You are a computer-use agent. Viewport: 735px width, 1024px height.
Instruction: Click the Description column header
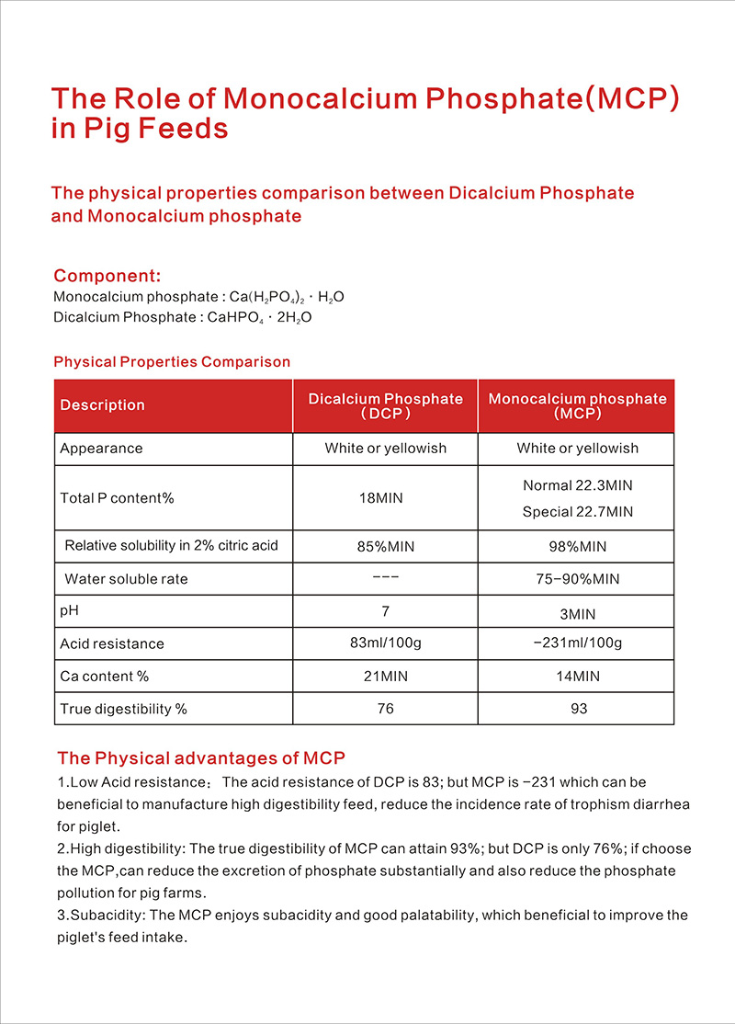pyautogui.click(x=102, y=405)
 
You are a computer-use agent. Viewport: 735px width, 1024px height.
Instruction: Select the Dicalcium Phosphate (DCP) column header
pyautogui.click(x=385, y=406)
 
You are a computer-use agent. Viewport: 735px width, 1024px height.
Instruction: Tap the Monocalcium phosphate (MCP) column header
pyautogui.click(x=577, y=406)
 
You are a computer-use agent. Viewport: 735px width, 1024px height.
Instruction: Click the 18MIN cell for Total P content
pyautogui.click(x=385, y=498)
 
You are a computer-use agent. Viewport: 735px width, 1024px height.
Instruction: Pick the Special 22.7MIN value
pyautogui.click(x=577, y=512)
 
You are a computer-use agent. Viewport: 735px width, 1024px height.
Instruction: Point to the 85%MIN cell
pyautogui.click(x=385, y=547)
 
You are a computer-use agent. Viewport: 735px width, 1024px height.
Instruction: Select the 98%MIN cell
pyautogui.click(x=577, y=547)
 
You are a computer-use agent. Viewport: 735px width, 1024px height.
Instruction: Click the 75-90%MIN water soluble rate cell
pyautogui.click(x=577, y=579)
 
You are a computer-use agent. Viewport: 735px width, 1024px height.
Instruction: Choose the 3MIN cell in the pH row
pyautogui.click(x=577, y=612)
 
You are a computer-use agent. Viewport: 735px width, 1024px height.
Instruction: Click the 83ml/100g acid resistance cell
pyautogui.click(x=385, y=643)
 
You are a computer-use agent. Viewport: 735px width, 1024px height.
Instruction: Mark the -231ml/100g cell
pyautogui.click(x=577, y=643)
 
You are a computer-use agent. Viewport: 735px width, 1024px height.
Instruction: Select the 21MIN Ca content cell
pyautogui.click(x=385, y=677)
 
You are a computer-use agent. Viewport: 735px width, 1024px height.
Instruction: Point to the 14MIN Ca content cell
pyautogui.click(x=577, y=677)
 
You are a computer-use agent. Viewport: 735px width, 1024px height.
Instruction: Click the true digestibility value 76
pyautogui.click(x=385, y=709)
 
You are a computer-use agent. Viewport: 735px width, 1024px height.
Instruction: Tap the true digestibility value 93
pyautogui.click(x=577, y=709)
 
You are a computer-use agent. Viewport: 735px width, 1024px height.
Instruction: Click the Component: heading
pyautogui.click(x=107, y=276)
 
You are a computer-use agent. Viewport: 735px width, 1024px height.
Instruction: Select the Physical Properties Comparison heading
pyautogui.click(x=172, y=362)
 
